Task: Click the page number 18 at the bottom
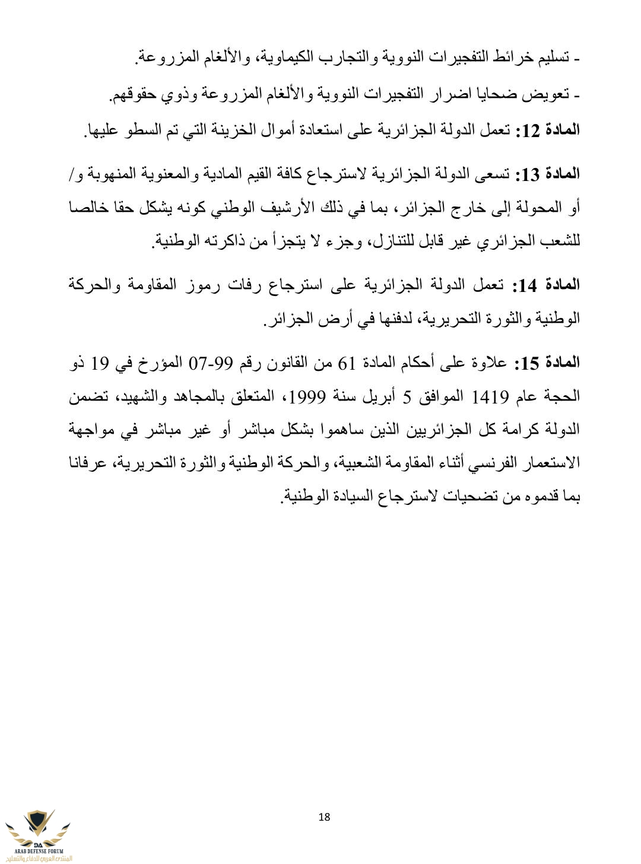324,817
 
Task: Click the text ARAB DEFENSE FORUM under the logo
37,850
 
